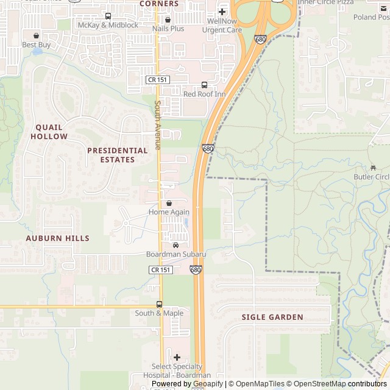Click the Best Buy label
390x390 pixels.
[37, 44]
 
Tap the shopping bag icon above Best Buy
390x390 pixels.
[37, 35]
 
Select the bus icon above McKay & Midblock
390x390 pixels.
[108, 16]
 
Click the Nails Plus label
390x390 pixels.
[168, 29]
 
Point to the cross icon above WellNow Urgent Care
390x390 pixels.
[222, 12]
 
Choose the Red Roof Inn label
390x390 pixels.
[204, 94]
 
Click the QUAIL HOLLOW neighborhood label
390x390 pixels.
[49, 132]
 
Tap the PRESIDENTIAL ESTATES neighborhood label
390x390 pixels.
[118, 155]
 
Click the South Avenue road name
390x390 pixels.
[157, 125]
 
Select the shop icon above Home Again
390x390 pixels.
[169, 203]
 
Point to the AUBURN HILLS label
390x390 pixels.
[57, 238]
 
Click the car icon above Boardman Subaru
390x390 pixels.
[176, 245]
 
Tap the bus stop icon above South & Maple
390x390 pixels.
[159, 304]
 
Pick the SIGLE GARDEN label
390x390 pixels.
[272, 317]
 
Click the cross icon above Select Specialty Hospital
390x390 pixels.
[177, 357]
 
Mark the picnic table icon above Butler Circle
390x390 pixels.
[372, 168]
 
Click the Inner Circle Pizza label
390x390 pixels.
[326, 2]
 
